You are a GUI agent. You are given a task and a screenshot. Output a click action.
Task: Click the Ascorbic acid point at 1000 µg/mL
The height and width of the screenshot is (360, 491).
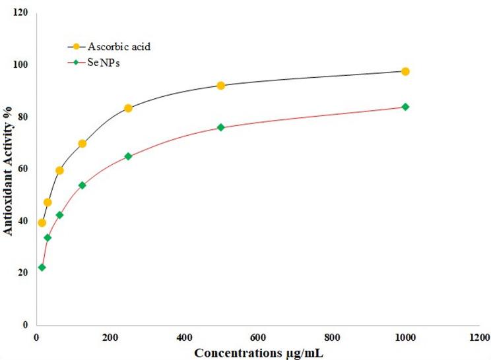click(x=405, y=71)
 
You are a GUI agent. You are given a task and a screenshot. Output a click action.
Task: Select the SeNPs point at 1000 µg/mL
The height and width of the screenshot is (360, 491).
click(x=405, y=107)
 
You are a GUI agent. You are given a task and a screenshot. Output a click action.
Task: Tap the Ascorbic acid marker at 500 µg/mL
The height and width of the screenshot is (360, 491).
click(x=220, y=86)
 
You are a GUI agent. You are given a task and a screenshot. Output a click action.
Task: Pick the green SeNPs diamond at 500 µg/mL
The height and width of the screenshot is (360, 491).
click(x=220, y=127)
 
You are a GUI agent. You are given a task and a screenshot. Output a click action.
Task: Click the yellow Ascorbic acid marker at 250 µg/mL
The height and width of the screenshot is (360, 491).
click(x=128, y=108)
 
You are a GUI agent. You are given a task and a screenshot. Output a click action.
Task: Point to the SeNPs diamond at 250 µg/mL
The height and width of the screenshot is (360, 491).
click(x=128, y=157)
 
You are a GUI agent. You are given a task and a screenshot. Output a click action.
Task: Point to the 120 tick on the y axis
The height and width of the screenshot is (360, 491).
click(x=21, y=13)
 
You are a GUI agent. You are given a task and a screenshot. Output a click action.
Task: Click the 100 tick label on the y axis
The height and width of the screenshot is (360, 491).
click(x=21, y=65)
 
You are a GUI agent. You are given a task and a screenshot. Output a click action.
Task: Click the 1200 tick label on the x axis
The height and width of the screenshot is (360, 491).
click(x=479, y=338)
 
